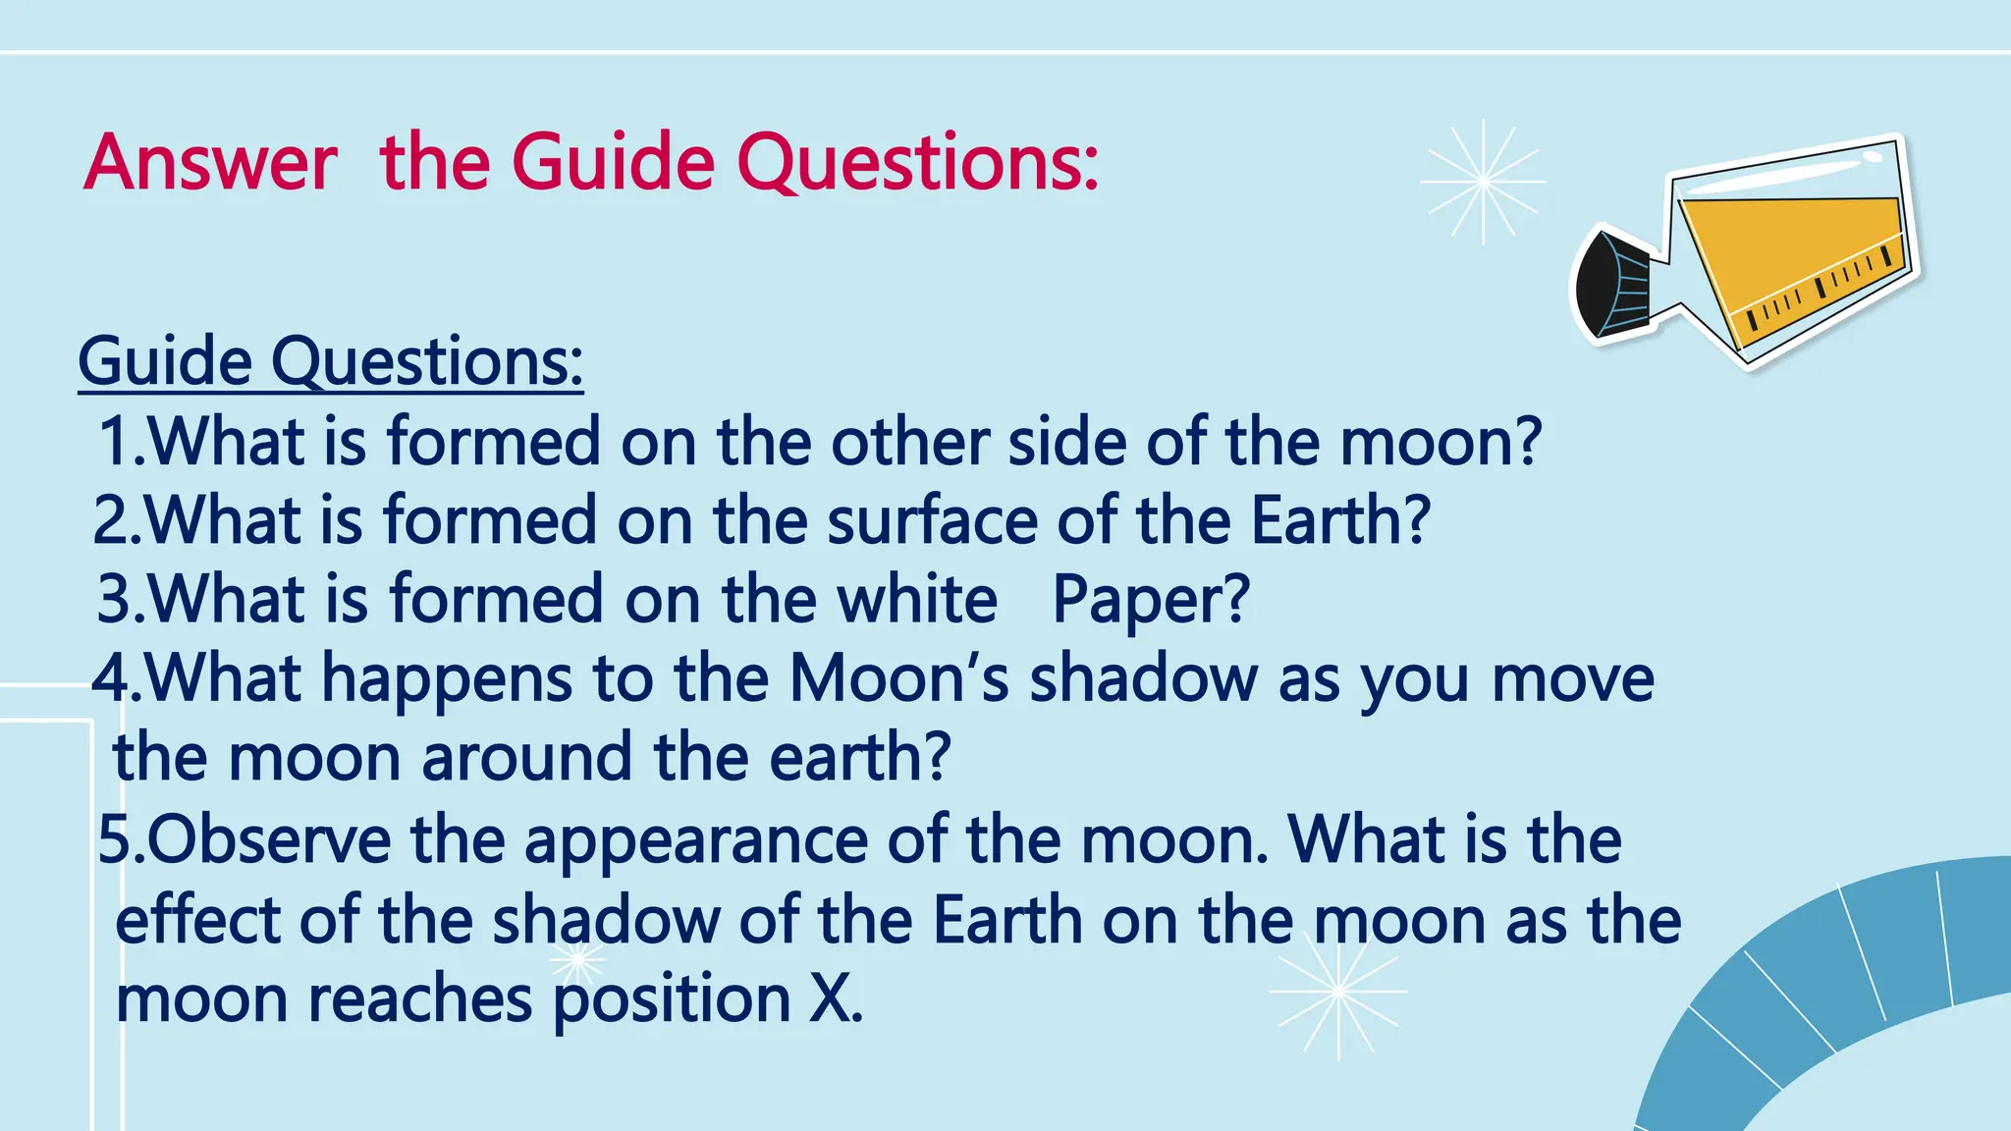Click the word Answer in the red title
210,162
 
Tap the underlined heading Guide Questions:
331,362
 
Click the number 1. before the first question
122,442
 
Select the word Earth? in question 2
1340,520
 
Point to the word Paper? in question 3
1151,599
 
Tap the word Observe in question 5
270,840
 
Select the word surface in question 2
932,520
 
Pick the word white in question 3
917,599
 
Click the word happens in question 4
448,680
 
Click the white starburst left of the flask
1483,182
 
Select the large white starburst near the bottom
1337,993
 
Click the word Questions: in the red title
917,164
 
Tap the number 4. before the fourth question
117,679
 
